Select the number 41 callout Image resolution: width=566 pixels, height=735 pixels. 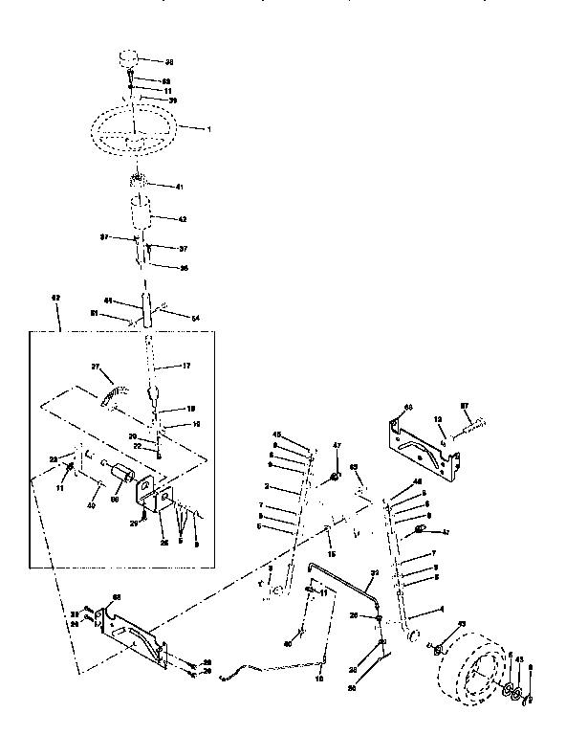pos(179,186)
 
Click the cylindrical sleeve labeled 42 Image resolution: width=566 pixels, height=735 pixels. pos(144,214)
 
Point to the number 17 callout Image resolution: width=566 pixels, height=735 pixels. pos(185,365)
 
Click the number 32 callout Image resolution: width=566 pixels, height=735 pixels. pos(374,572)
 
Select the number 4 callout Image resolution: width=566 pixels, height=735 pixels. pos(439,610)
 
